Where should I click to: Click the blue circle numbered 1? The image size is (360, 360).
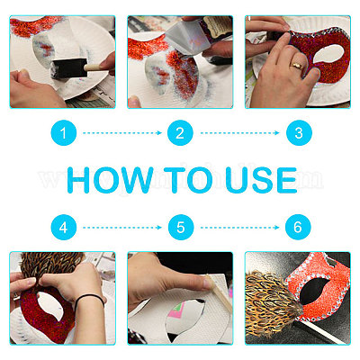click(x=63, y=133)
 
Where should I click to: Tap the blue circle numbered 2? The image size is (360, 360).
click(x=180, y=133)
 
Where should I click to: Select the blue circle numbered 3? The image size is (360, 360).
click(x=299, y=133)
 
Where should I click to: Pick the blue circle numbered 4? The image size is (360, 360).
click(x=63, y=228)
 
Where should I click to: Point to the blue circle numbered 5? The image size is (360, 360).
click(x=181, y=228)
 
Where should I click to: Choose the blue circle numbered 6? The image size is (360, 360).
click(x=298, y=228)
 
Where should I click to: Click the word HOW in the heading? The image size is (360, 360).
click(x=110, y=180)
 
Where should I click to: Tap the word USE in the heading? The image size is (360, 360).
click(x=261, y=180)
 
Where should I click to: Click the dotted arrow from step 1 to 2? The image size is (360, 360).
click(x=122, y=133)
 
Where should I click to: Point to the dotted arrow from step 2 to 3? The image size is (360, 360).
click(x=239, y=133)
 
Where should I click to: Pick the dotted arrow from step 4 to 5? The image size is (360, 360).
click(x=122, y=228)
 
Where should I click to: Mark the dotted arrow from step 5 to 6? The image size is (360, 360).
click(x=239, y=228)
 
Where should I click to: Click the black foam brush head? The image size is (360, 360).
click(x=69, y=68)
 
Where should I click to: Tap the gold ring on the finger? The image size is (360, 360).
click(x=296, y=66)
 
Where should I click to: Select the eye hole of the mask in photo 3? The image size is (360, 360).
click(x=328, y=54)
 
